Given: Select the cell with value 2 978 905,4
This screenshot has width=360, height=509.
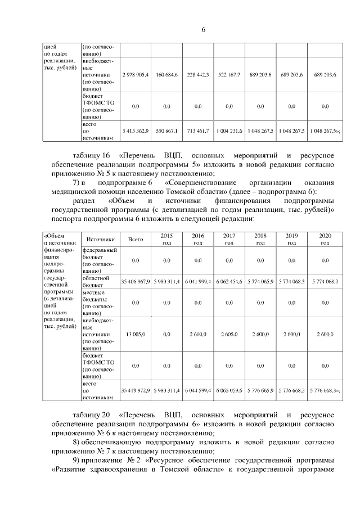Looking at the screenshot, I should (x=135, y=75).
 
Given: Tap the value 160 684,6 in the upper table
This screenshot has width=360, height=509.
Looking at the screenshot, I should (x=166, y=75).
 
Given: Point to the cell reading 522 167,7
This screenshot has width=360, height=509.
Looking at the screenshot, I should (x=229, y=75).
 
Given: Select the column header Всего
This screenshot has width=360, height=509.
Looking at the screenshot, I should (x=135, y=239).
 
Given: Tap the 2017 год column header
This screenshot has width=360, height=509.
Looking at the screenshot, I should (x=229, y=239).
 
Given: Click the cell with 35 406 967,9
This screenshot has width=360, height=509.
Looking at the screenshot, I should (x=135, y=281).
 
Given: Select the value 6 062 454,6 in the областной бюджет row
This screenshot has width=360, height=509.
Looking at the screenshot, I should (x=229, y=281).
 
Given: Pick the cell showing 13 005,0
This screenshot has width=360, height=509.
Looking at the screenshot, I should (x=135, y=334).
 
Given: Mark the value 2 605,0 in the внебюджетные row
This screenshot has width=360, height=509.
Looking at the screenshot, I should (x=229, y=334).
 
